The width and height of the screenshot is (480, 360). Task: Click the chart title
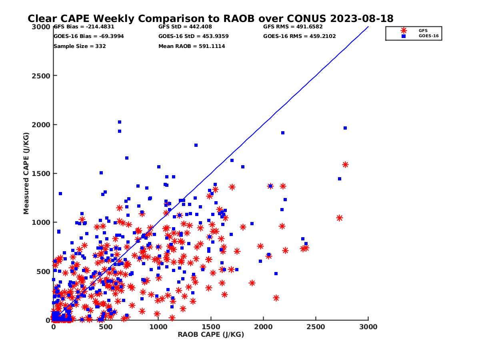[x=210, y=18]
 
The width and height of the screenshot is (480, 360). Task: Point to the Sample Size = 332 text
[x=80, y=46]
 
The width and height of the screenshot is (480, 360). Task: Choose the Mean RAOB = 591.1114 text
[x=192, y=46]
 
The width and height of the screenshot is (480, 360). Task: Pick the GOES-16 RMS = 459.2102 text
[x=300, y=36]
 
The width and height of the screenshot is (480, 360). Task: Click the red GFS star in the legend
[x=404, y=30]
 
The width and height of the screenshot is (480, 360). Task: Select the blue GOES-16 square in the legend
[x=404, y=36]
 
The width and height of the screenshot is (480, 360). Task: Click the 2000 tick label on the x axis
[x=263, y=327]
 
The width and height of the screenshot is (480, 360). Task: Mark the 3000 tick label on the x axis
[x=368, y=327]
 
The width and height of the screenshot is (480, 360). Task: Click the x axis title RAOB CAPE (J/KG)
[x=211, y=334]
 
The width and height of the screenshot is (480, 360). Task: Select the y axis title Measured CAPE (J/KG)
[x=26, y=173]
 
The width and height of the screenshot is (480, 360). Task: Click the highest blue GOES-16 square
[x=120, y=122]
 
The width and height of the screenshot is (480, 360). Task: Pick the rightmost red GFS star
[x=345, y=165]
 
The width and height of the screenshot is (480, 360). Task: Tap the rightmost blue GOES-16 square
[x=345, y=128]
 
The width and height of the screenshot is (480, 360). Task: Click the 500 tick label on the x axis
[x=106, y=327]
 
